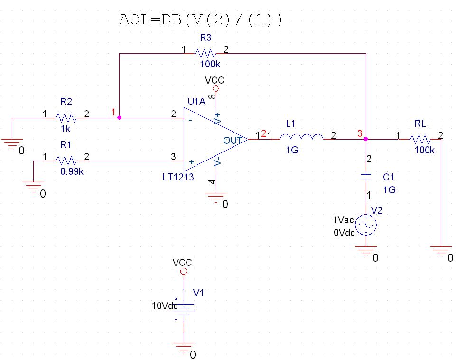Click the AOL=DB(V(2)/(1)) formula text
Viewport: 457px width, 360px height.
200,20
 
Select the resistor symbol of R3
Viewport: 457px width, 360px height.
205,53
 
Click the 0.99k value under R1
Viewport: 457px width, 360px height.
72,172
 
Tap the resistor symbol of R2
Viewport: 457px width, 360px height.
66,117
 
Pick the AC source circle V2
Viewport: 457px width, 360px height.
365,225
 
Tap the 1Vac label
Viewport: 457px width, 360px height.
343,220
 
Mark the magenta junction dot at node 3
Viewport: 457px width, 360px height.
365,139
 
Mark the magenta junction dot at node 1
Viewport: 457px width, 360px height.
119,117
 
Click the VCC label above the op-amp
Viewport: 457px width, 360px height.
215,80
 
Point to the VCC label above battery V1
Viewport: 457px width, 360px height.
183,262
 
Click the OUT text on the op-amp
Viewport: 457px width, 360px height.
233,140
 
